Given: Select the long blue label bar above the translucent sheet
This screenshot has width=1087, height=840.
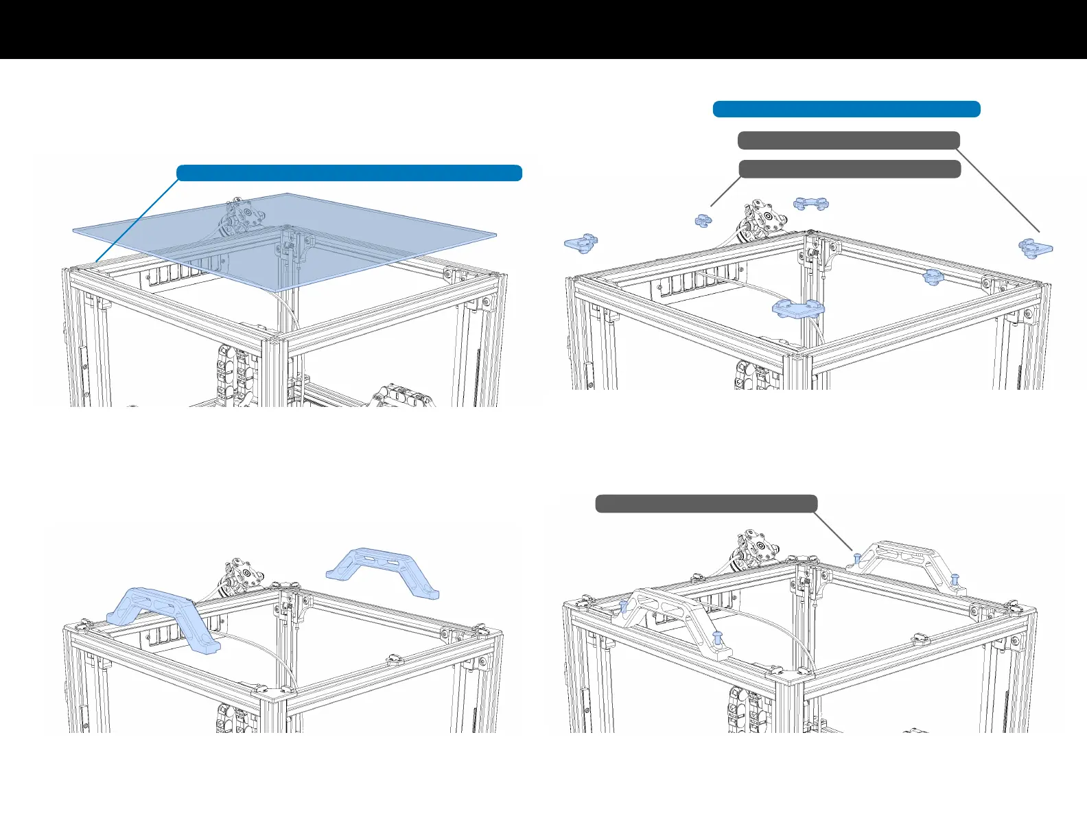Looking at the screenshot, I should [349, 173].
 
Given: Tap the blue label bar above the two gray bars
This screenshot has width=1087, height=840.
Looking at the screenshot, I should [846, 109].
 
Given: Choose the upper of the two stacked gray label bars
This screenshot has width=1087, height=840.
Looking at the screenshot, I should [848, 141].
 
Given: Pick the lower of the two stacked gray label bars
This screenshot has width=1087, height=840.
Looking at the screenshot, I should [850, 169].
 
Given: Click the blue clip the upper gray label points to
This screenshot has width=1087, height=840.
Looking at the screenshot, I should [1035, 248].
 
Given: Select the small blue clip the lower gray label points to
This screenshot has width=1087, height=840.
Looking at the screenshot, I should [703, 220].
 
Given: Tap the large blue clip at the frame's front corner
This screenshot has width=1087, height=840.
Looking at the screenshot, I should [797, 308].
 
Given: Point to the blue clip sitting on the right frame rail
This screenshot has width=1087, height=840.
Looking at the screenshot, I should [932, 277].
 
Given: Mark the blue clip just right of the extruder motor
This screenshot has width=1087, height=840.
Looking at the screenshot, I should [810, 204].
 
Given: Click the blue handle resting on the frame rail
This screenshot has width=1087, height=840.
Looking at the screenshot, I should [162, 618].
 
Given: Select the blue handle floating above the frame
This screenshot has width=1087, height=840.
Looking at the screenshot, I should [383, 569].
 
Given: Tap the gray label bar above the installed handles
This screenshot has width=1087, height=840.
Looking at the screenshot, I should [706, 504].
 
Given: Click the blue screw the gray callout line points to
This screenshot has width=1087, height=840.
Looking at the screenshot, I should [857, 558].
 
